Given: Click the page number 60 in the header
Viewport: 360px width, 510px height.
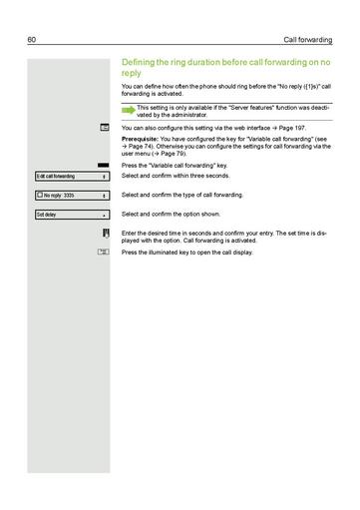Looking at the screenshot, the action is coord(32,39).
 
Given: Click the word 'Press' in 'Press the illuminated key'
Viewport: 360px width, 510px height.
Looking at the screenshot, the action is coord(129,253).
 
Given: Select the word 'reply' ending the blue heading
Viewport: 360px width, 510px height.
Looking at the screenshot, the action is coord(131,73).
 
